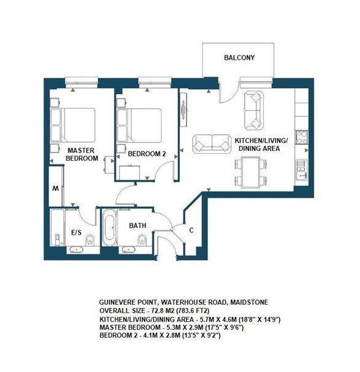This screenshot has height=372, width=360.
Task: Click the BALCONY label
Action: tap(239, 58)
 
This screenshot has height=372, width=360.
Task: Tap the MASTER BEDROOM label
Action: tap(82, 154)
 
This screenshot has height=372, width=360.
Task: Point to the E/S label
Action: tap(78, 233)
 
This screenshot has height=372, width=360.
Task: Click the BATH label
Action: tap(137, 226)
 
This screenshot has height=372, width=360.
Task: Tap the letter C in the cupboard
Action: tap(192, 230)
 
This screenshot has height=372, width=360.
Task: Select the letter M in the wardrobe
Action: tap(56, 188)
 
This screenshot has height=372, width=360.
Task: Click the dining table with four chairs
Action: tap(251, 172)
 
